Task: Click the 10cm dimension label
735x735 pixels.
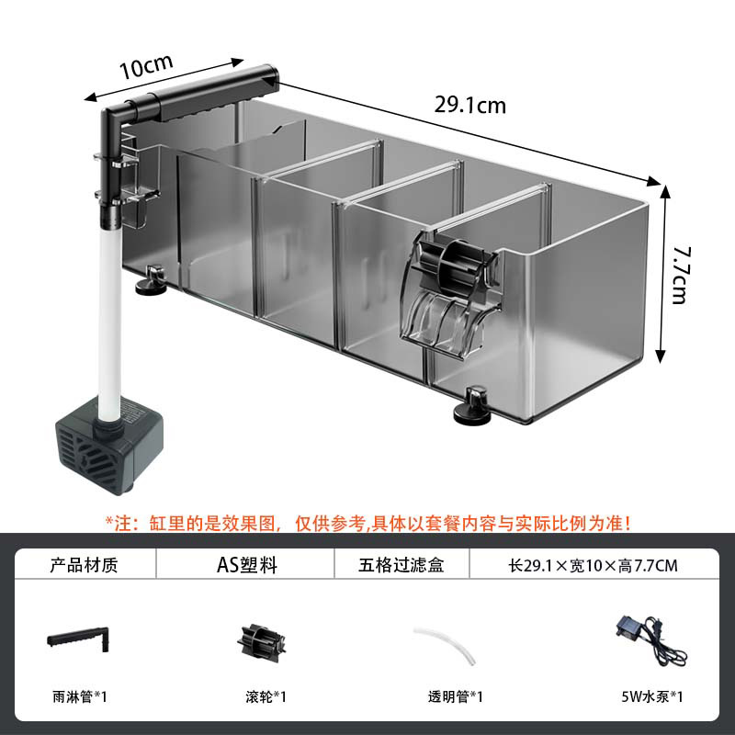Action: click(x=146, y=69)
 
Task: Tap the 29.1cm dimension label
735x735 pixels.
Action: click(x=469, y=104)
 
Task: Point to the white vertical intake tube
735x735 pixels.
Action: click(x=109, y=312)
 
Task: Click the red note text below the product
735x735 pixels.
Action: click(x=367, y=523)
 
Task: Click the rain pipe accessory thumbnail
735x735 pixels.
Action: click(x=80, y=637)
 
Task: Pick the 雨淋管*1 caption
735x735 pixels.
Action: click(x=80, y=696)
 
